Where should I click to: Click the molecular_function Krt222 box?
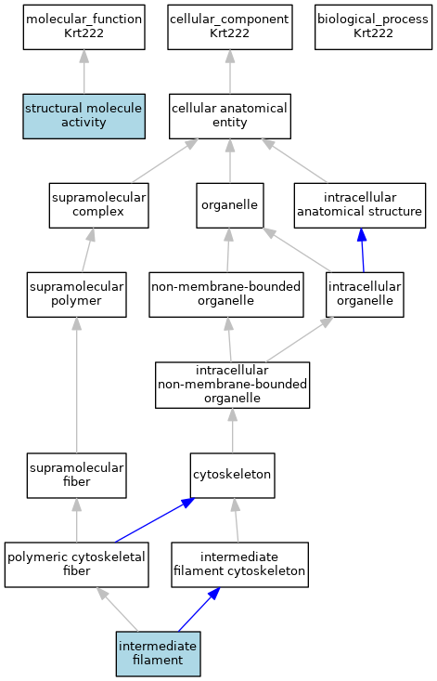[x=84, y=27]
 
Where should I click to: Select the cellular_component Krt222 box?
[x=230, y=27]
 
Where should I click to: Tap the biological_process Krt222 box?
[x=373, y=27]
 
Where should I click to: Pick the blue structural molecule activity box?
[x=84, y=116]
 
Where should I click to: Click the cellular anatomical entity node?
[x=230, y=116]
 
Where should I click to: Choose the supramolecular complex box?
[x=99, y=205]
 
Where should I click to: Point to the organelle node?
[x=230, y=205]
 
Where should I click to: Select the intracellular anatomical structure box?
[x=360, y=205]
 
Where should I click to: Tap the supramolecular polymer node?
[x=77, y=295]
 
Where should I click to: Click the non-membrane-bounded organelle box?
[x=226, y=295]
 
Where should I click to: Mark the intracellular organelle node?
[x=365, y=295]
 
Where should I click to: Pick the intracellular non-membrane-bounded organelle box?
[x=232, y=386]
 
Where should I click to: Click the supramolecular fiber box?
[x=77, y=476]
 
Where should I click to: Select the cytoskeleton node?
[x=232, y=476]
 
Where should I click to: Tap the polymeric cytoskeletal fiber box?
[x=77, y=565]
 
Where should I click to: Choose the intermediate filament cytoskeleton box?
[x=239, y=565]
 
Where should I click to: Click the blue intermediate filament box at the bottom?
[x=159, y=654]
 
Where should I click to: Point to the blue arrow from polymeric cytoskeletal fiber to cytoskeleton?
[x=154, y=520]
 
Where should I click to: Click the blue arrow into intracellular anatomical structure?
[x=363, y=250]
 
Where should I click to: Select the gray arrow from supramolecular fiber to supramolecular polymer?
[x=77, y=386]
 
